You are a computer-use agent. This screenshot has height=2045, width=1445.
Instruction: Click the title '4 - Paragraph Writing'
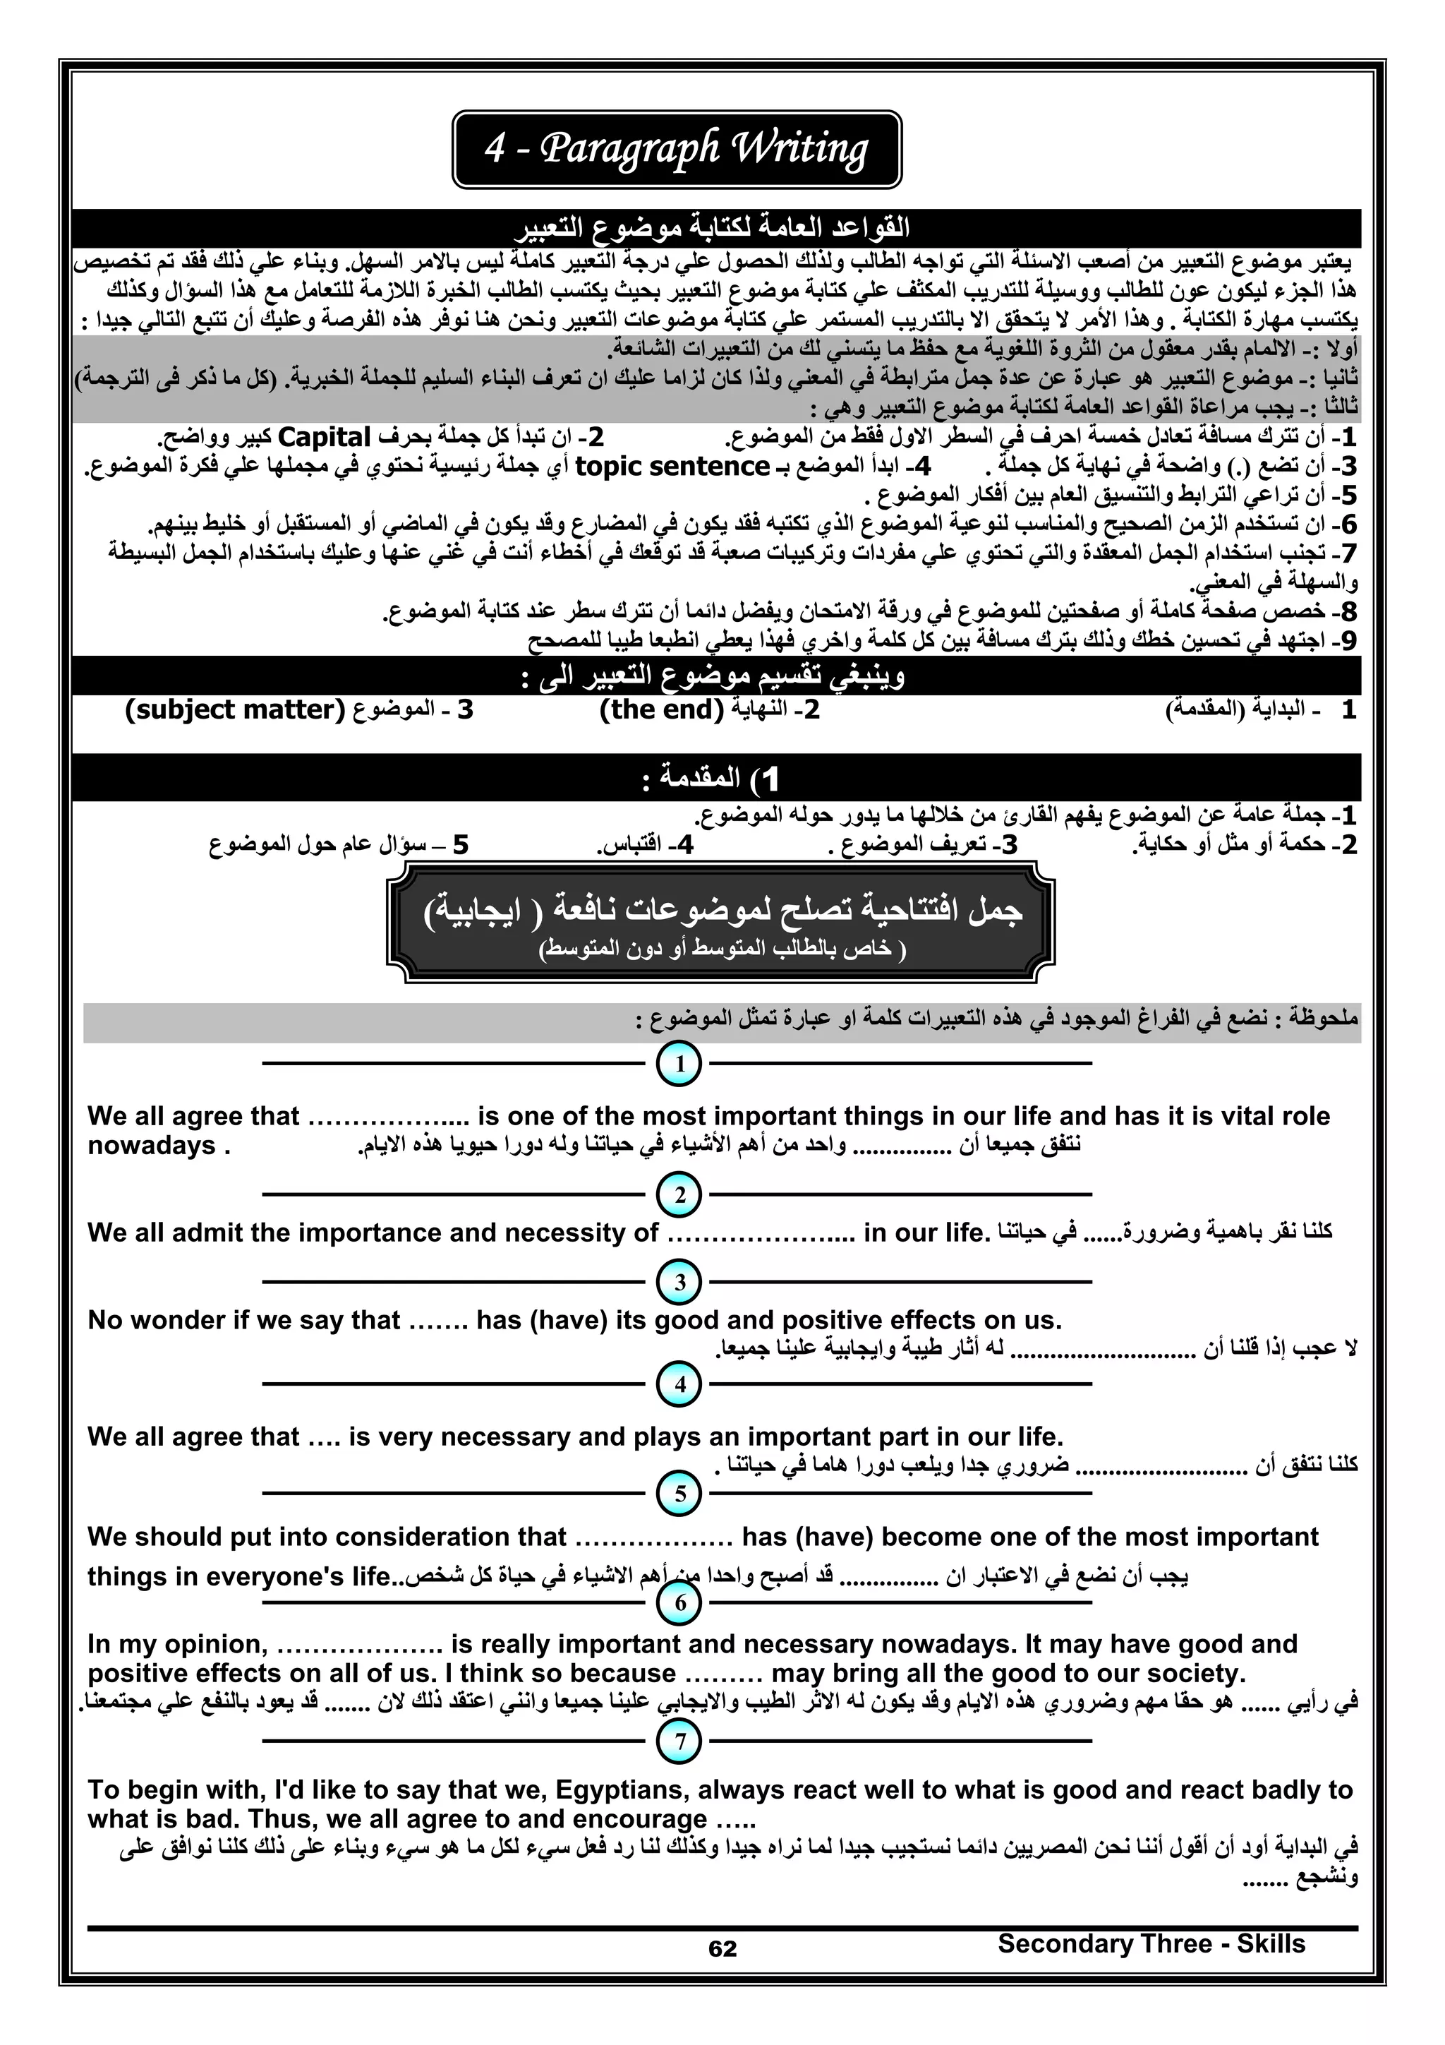pyautogui.click(x=677, y=149)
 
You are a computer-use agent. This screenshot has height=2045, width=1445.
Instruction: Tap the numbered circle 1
pyautogui.click(x=679, y=1064)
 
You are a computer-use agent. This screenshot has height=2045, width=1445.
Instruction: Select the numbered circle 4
pyautogui.click(x=679, y=1384)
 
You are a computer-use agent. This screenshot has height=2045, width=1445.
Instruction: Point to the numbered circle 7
pyautogui.click(x=679, y=1740)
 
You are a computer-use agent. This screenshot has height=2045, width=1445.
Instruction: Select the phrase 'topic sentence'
pyautogui.click(x=672, y=466)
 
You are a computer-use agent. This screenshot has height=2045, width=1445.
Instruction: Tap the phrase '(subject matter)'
pyautogui.click(x=235, y=710)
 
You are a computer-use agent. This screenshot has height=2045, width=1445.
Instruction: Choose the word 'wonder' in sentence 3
pyautogui.click(x=179, y=1320)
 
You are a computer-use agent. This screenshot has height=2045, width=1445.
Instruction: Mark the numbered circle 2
pyautogui.click(x=679, y=1194)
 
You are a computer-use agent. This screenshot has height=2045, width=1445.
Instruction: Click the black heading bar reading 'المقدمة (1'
pyautogui.click(x=716, y=778)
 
